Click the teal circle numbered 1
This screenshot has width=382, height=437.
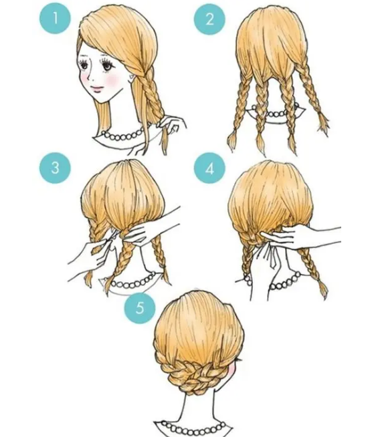click(56, 19)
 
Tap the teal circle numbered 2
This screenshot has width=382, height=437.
click(209, 19)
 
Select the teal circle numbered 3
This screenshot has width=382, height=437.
click(56, 168)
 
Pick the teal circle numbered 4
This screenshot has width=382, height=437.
click(209, 168)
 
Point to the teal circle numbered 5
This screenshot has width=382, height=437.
click(140, 307)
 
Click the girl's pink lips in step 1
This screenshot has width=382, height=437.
click(97, 89)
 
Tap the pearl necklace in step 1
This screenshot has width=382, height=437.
click(122, 136)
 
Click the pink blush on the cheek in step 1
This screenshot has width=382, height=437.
click(113, 80)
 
